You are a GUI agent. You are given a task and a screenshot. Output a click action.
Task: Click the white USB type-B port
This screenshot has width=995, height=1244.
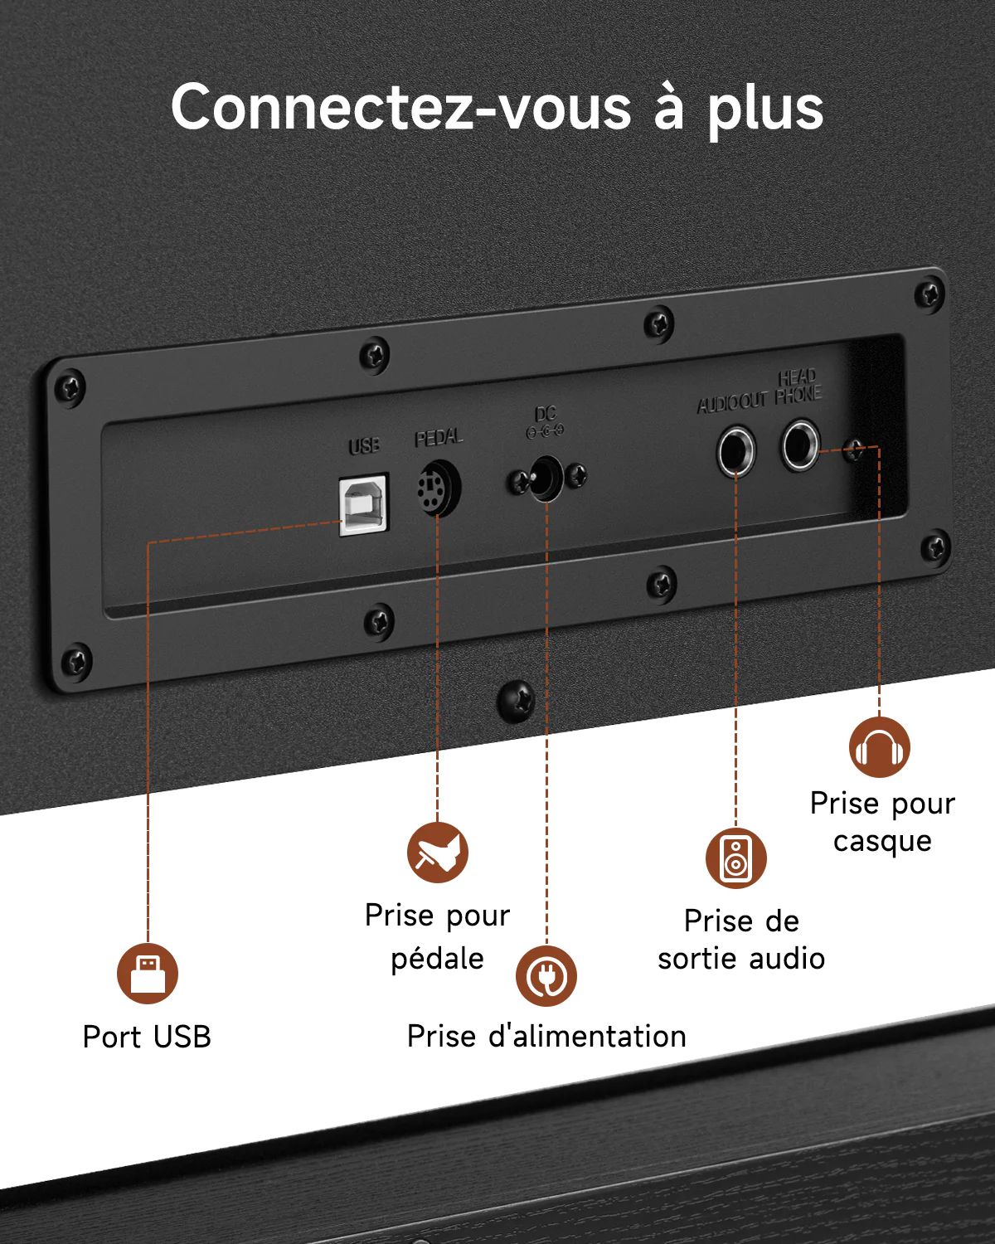pos(364,504)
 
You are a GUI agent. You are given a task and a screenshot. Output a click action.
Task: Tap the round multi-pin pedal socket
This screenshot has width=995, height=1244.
pos(439,488)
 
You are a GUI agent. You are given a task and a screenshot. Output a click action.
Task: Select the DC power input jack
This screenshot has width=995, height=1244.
pos(546,478)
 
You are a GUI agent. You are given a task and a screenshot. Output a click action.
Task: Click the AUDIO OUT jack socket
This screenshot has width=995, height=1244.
pos(736,451)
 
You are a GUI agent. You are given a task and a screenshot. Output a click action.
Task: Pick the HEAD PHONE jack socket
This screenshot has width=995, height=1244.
pos(800,445)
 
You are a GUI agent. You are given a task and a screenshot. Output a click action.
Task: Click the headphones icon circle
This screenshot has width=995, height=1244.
pos(880,747)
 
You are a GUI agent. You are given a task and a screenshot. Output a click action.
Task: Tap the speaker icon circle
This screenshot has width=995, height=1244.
pos(736,858)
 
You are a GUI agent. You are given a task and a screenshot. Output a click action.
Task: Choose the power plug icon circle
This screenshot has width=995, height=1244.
pos(546,976)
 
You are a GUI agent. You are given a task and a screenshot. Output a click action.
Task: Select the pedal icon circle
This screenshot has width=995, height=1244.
pos(438,852)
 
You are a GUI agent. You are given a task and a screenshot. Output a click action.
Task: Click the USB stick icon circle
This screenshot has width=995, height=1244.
pos(148,974)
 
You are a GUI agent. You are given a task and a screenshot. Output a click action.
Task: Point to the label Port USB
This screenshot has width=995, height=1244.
pos(147,1037)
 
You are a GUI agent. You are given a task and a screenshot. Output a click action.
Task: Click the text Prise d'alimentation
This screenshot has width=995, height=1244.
pos(547,1036)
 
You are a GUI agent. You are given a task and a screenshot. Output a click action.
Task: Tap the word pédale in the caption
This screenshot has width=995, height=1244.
pos(438,959)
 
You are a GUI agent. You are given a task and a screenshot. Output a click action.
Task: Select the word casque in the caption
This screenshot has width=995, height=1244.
pos(883,841)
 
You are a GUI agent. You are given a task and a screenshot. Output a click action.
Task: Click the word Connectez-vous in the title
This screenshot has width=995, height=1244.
pos(401,108)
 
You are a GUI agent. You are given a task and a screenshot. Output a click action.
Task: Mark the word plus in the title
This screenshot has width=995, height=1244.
pos(766,109)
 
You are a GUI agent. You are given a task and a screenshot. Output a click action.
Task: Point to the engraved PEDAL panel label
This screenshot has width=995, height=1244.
pos(439,438)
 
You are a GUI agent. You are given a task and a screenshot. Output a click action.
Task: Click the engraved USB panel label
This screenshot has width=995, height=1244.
pos(364,445)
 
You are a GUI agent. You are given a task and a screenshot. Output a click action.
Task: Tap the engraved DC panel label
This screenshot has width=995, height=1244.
pos(546,414)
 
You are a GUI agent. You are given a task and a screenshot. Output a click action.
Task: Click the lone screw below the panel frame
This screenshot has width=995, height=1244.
pos(516,701)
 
